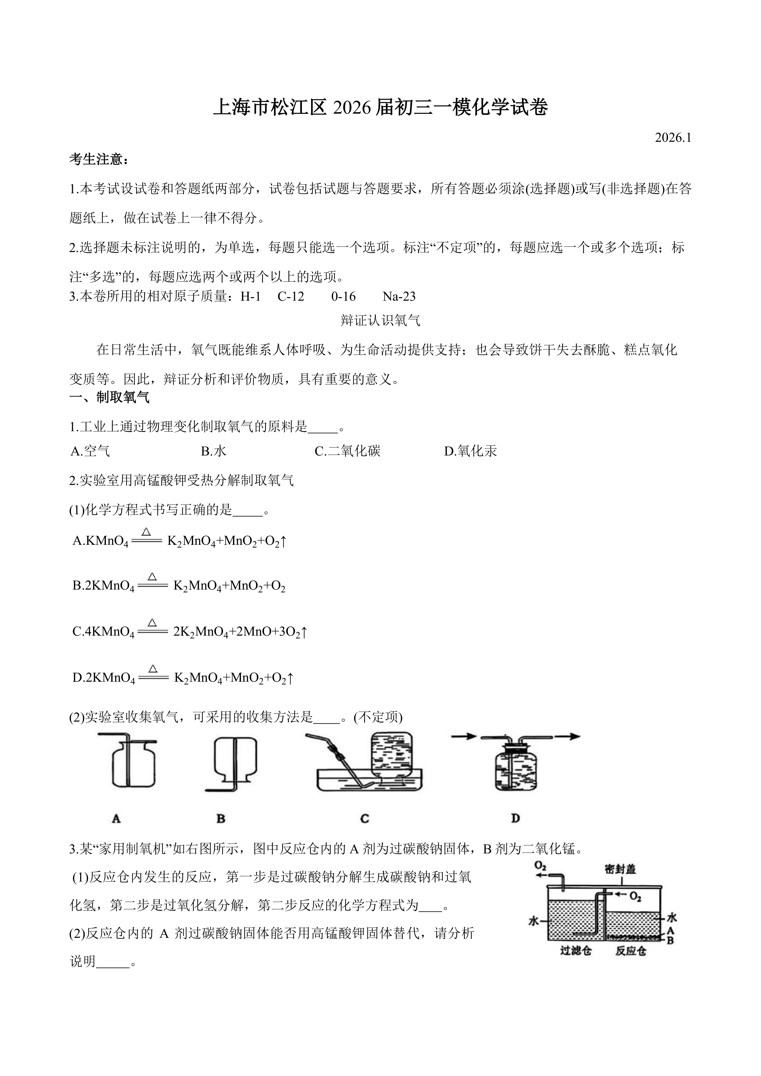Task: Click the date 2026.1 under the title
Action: [x=673, y=138]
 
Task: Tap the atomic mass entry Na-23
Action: [x=399, y=296]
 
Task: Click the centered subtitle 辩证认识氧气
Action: [x=380, y=321]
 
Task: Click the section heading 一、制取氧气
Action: [x=109, y=397]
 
